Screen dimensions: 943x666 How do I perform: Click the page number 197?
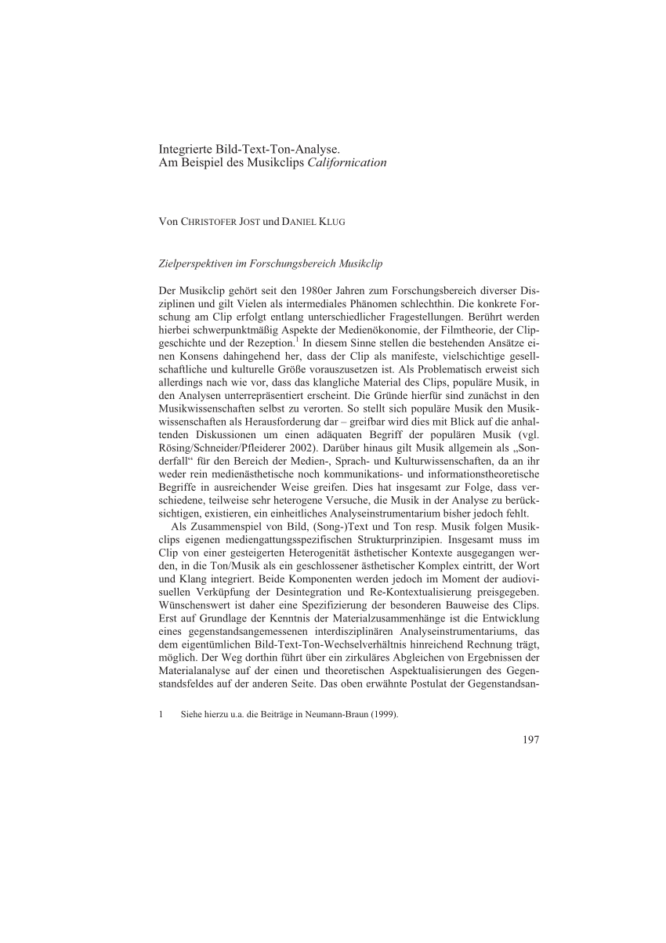(530, 739)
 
